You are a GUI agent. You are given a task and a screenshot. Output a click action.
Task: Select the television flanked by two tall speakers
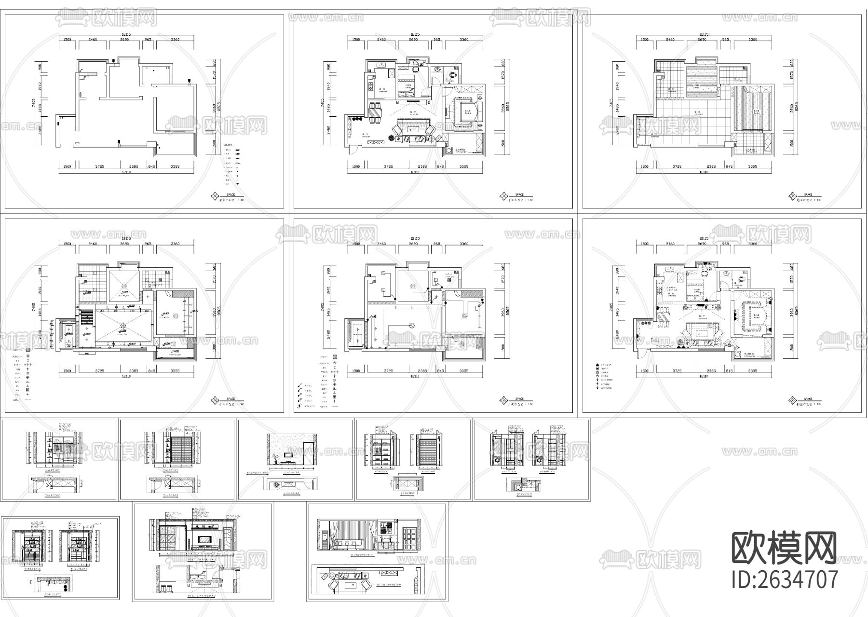[x=205, y=539]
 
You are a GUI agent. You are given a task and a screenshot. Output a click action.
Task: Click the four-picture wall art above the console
[x=385, y=529]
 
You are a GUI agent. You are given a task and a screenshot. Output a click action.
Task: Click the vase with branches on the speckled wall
[x=275, y=458]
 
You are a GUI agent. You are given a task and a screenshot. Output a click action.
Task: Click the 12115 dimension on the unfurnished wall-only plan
[x=126, y=34]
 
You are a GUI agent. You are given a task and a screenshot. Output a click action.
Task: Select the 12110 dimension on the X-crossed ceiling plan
[x=126, y=376]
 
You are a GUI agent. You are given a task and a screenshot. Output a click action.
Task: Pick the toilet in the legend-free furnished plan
[x=453, y=75]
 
